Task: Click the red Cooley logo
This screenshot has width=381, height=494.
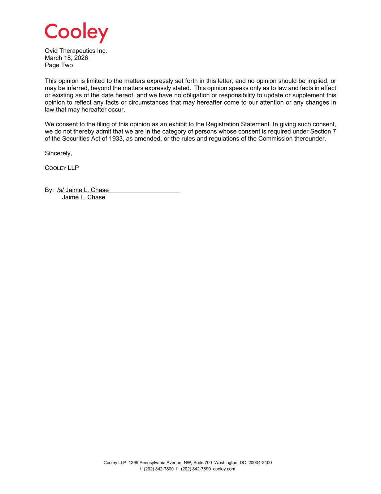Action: [76, 33]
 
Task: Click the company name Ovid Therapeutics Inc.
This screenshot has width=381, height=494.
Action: [76, 51]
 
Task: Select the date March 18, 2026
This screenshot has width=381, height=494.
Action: [66, 58]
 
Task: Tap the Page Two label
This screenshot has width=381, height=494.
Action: [59, 65]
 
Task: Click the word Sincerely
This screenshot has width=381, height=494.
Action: [58, 153]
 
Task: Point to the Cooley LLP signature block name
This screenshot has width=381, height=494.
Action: [62, 168]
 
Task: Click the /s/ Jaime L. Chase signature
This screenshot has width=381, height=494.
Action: [83, 190]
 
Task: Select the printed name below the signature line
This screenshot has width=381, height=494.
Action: [83, 197]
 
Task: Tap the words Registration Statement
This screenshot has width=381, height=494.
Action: [238, 124]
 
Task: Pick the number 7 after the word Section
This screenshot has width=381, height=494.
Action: [334, 131]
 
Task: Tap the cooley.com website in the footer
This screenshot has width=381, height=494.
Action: [224, 469]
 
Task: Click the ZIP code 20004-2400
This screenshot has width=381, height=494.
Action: [260, 463]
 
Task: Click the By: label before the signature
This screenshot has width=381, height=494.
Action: [49, 190]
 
